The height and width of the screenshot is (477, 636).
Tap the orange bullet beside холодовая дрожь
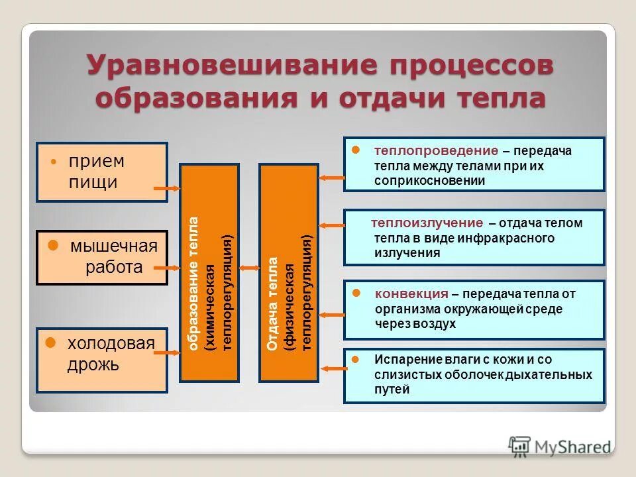50,343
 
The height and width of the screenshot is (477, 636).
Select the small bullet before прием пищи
54,162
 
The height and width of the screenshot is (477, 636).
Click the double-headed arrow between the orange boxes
249,268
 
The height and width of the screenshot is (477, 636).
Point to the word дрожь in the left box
93,364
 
